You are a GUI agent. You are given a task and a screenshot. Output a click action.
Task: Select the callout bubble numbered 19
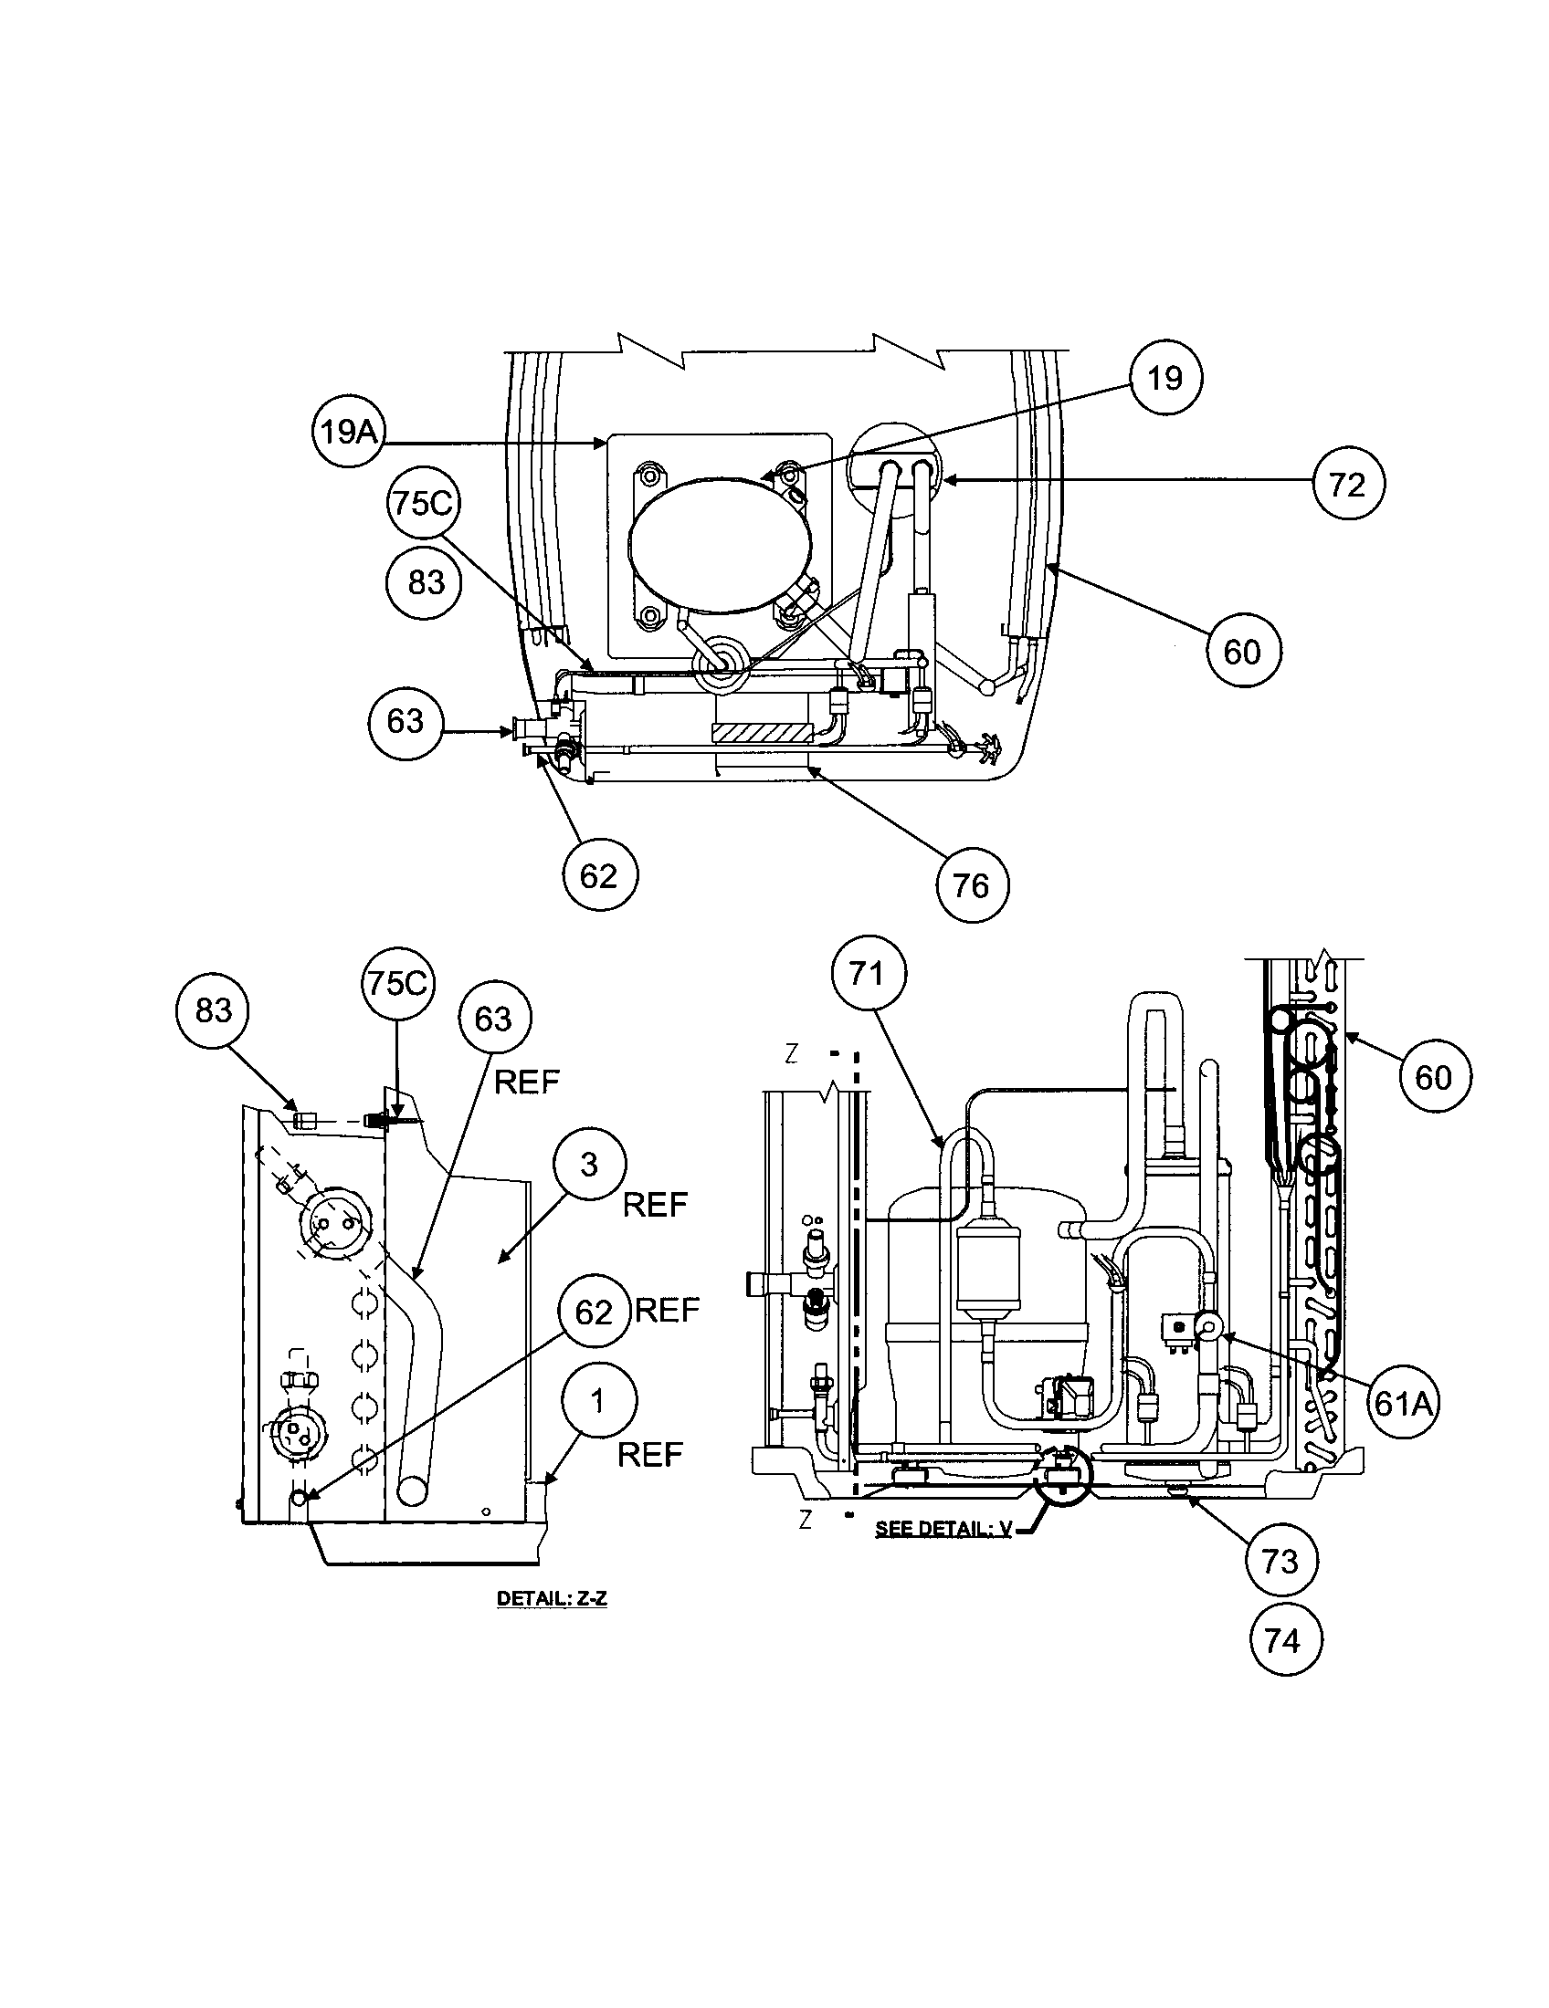click(1165, 378)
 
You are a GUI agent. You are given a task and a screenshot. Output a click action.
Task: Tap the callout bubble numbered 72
click(1347, 484)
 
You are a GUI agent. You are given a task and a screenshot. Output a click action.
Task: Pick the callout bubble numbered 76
click(973, 885)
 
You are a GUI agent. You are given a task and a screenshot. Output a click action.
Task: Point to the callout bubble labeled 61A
click(1401, 1402)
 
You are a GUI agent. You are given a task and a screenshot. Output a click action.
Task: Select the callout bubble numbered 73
click(1281, 1560)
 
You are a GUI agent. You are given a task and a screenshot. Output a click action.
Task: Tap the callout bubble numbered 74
click(1284, 1639)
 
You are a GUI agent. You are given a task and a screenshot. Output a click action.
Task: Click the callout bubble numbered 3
click(590, 1165)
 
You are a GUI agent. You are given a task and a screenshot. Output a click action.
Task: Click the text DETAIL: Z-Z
click(552, 1599)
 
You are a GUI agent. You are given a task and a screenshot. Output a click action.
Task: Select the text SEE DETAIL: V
click(943, 1528)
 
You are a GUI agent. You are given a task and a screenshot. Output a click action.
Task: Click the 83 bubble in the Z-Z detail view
click(214, 1010)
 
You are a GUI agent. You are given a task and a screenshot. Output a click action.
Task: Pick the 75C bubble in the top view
click(424, 504)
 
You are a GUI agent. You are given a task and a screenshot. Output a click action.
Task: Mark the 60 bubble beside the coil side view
click(1433, 1076)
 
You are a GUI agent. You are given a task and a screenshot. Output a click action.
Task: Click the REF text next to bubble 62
click(668, 1309)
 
